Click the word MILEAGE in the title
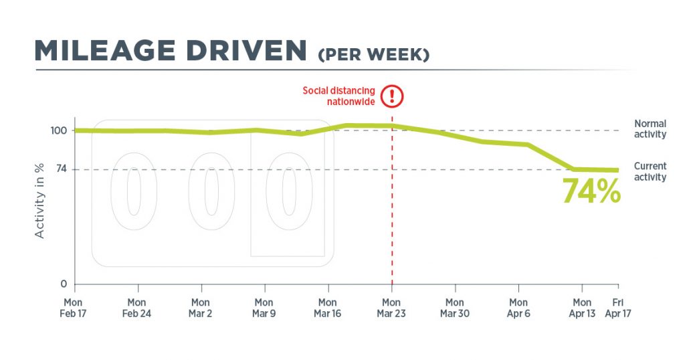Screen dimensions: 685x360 coord(105,51)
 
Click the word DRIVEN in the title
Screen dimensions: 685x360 coord(246,51)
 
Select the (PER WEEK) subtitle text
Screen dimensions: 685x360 coord(374,55)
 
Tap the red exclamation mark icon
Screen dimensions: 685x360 coord(392,96)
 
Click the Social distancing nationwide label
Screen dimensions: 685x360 coord(338,96)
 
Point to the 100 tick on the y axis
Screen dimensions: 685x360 coord(59,130)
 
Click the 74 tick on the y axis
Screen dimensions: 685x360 coord(62,169)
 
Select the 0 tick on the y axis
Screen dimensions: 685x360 coord(64,284)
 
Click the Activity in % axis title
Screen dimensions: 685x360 coord(39,201)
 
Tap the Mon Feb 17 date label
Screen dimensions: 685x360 coord(73,308)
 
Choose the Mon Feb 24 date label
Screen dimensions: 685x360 coord(136,308)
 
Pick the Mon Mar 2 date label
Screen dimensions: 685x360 coord(200,308)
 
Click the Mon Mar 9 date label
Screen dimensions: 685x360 coord(264,308)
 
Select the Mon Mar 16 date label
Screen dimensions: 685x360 coord(328,308)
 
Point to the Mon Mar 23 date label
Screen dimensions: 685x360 coord(391,308)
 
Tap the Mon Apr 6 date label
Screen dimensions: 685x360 coord(518,308)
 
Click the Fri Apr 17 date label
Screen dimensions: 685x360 coord(618,308)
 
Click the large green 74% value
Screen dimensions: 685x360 coord(591,191)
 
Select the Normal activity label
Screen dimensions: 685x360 coord(650,129)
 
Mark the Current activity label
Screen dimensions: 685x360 coord(650,171)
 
